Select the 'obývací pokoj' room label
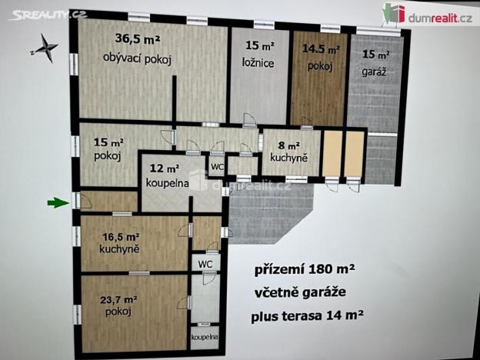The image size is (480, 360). click(x=137, y=58)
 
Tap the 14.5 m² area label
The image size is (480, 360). click(x=319, y=48)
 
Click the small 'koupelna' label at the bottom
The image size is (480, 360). click(x=204, y=337)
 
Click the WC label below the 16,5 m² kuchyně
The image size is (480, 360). click(x=205, y=263)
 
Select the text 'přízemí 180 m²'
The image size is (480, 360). click(x=305, y=270)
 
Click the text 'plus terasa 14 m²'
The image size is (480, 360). click(x=307, y=315)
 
